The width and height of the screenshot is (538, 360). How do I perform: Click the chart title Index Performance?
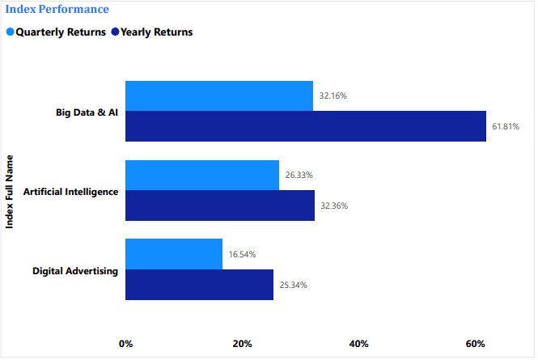(57, 10)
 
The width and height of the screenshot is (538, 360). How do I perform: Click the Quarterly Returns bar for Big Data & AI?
(218, 95)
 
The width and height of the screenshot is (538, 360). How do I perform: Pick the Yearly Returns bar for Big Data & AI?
(305, 126)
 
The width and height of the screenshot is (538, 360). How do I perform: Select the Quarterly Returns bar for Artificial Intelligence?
(201, 175)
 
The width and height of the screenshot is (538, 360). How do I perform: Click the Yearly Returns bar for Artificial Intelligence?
(219, 205)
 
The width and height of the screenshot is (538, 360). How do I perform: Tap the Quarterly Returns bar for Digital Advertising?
(173, 254)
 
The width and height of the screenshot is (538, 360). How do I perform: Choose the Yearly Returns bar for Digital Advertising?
(199, 285)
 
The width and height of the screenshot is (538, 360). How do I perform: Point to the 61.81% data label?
(505, 127)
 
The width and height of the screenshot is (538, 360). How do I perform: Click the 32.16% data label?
(333, 95)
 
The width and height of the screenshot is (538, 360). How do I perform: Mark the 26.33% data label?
(299, 175)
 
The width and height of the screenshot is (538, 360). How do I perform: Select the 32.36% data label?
(333, 205)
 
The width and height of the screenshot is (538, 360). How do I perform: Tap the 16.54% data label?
(242, 254)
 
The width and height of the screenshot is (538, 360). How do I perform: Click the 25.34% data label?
(293, 285)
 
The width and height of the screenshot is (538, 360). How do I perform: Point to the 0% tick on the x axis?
(125, 344)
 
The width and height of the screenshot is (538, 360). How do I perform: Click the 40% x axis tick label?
(358, 344)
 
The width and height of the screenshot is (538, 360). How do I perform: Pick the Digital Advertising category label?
(75, 270)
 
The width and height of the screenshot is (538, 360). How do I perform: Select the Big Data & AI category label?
(87, 112)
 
